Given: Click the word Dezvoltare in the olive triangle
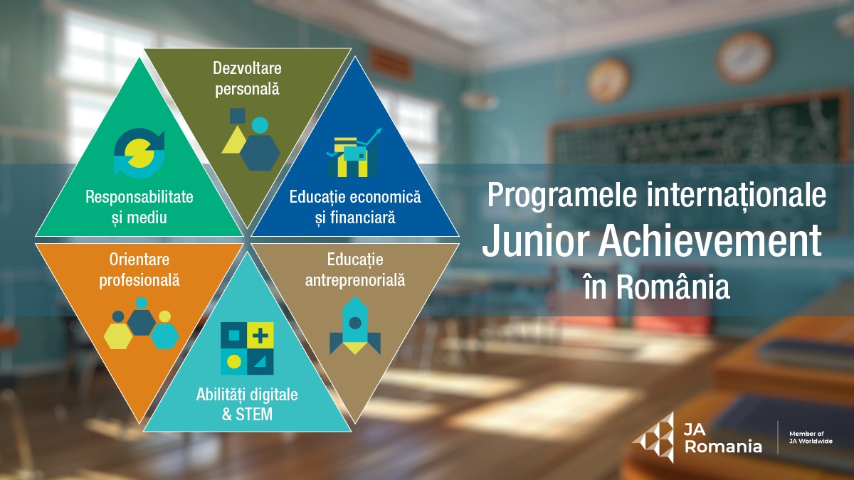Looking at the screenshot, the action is (x=247, y=68).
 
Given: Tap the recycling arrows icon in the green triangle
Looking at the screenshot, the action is (x=139, y=153).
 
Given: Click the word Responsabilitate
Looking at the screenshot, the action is (x=139, y=197).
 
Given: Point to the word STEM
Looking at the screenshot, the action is (x=254, y=415).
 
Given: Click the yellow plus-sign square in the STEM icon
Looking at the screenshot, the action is (x=260, y=335).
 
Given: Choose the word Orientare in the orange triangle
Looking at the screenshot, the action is (x=139, y=260).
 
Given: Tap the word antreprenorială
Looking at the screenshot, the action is (x=355, y=281).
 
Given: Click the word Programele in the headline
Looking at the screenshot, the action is (x=563, y=196).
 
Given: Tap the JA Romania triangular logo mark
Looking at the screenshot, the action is (x=653, y=437).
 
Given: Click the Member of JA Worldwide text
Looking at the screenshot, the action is (x=811, y=437).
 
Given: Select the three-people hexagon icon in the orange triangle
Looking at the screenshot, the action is (x=142, y=323).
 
